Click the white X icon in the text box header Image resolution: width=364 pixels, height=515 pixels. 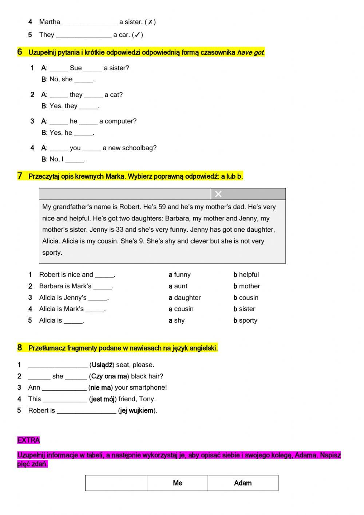pyautogui.click(x=218, y=194)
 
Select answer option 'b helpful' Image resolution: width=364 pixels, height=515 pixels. pyautogui.click(x=246, y=274)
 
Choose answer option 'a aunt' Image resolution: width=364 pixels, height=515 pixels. pyautogui.click(x=178, y=286)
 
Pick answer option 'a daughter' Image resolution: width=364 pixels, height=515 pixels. pyautogui.click(x=185, y=297)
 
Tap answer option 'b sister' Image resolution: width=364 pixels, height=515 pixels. pyautogui.click(x=244, y=309)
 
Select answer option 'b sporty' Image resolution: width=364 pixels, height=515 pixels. pyautogui.click(x=245, y=320)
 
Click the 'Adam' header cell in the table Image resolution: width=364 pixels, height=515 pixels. pyautogui.click(x=243, y=483)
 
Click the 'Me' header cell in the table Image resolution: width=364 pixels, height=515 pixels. pyautogui.click(x=177, y=483)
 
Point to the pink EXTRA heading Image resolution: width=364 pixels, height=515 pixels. pyautogui.click(x=28, y=440)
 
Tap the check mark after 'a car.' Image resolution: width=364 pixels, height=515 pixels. pyautogui.click(x=137, y=35)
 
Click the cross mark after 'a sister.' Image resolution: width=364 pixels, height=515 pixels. pyautogui.click(x=150, y=22)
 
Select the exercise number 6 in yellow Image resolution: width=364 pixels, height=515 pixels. pyautogui.click(x=20, y=52)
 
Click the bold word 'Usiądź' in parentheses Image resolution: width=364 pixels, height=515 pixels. pyautogui.click(x=102, y=364)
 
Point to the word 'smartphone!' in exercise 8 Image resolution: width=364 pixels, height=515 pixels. pyautogui.click(x=149, y=387)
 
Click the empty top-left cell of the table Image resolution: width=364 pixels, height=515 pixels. pyautogui.click(x=116, y=483)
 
